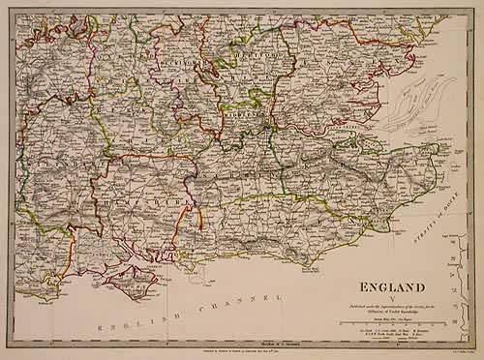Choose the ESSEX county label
(x=319, y=77)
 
